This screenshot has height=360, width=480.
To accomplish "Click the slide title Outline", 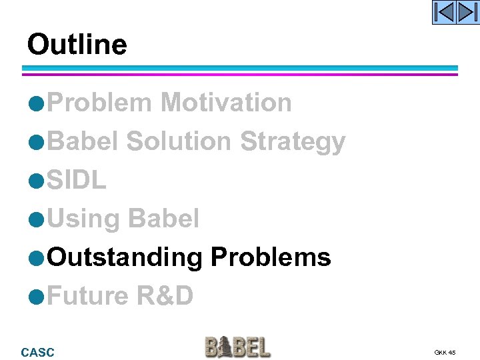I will (x=77, y=45).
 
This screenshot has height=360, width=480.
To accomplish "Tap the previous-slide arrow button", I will (x=445, y=13).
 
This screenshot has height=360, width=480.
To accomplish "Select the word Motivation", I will (x=226, y=103).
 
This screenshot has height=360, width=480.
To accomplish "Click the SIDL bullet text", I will (x=77, y=180).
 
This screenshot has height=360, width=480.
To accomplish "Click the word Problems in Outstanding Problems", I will (x=271, y=257).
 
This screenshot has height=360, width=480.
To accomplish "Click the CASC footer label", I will (x=38, y=352).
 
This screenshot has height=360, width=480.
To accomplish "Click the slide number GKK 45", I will (x=445, y=352).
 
